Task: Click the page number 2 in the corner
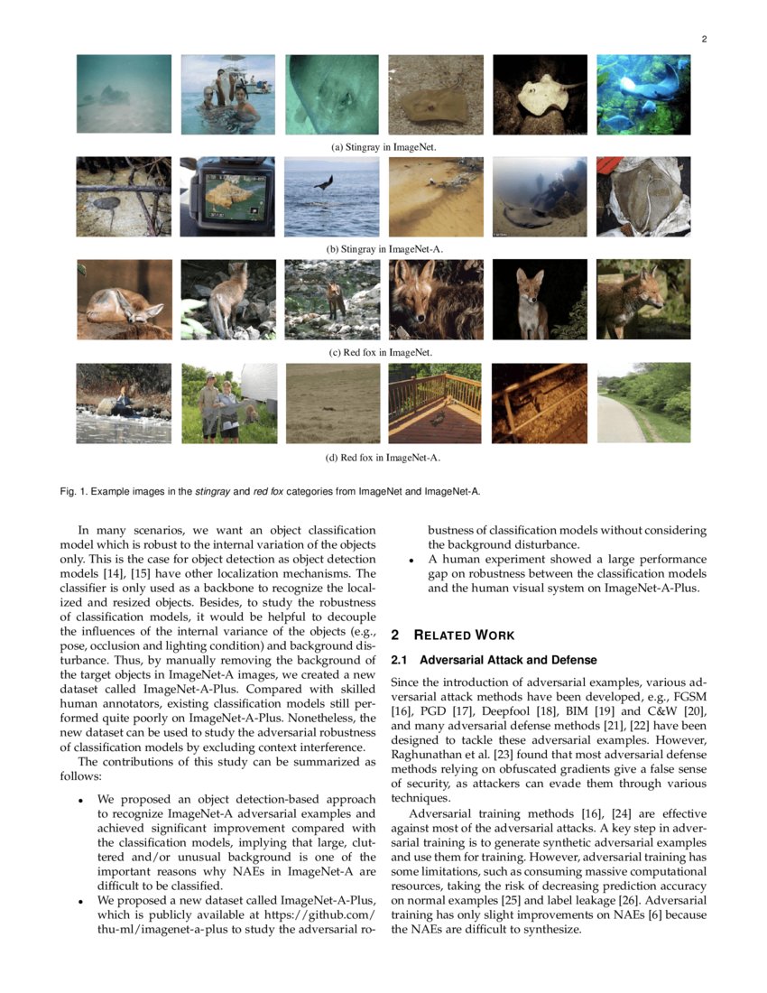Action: [703, 39]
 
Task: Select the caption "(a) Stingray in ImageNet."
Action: [383, 146]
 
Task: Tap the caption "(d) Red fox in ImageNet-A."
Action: [383, 458]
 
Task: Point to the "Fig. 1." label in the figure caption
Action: [74, 491]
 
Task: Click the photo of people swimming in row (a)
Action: [228, 94]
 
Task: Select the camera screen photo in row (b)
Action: [228, 197]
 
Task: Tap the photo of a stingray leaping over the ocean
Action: [332, 197]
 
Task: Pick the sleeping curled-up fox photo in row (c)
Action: [124, 299]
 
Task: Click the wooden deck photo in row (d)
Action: [435, 403]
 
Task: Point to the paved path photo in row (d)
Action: [643, 403]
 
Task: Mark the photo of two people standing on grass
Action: [228, 403]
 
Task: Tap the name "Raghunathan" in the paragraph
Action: [431, 755]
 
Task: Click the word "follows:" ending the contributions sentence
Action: [80, 775]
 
